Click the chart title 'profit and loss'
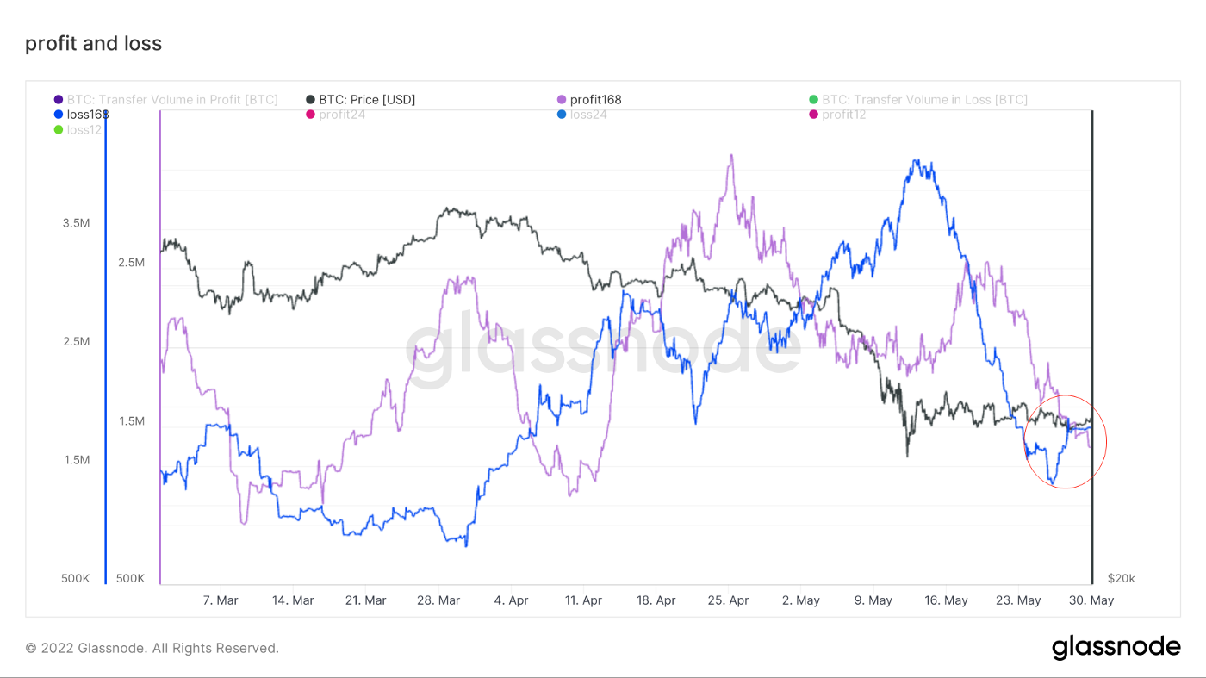click(93, 44)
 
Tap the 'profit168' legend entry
click(594, 100)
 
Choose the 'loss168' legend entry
click(86, 115)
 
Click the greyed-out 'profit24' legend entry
click(341, 115)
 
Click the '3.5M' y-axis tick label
click(76, 223)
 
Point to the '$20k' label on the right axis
click(1122, 578)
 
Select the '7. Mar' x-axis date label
click(221, 600)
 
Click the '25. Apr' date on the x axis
click(728, 600)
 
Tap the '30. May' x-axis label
click(1091, 600)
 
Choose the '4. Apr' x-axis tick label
click(511, 600)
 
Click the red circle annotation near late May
click(1066, 442)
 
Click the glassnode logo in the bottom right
click(1116, 648)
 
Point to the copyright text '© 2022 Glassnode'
click(152, 648)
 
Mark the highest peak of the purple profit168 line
click(730, 156)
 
